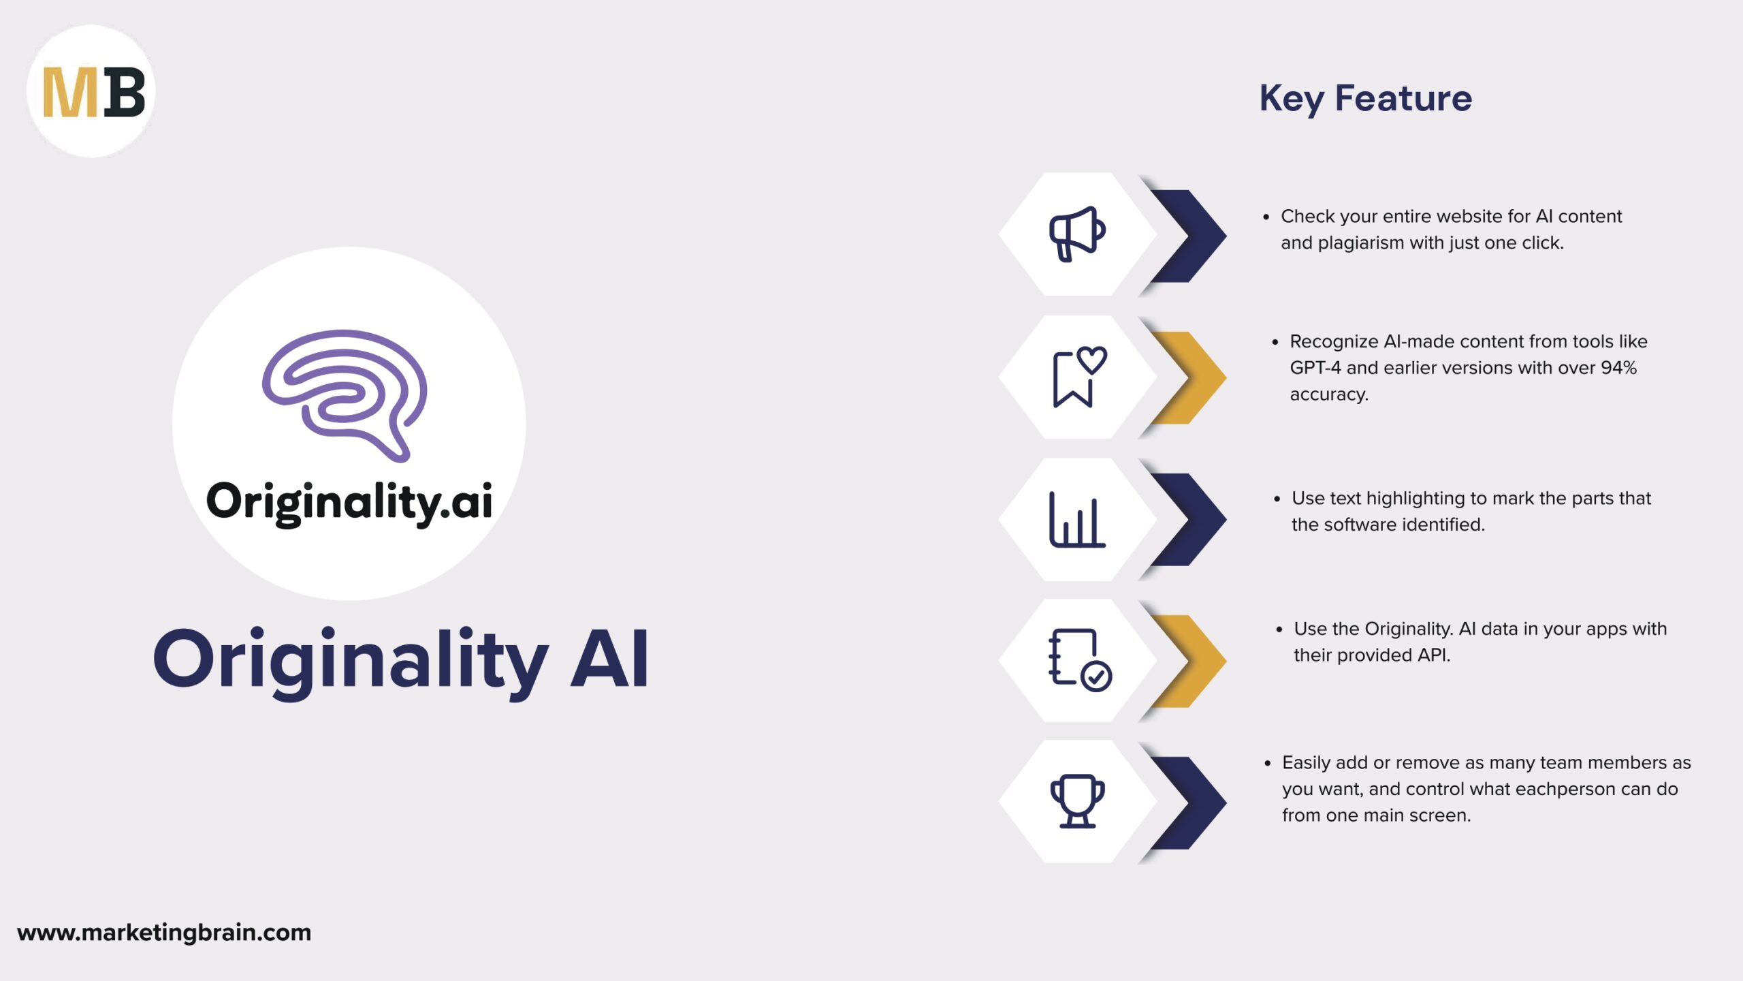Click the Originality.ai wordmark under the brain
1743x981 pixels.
click(349, 503)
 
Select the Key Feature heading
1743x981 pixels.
click(1365, 99)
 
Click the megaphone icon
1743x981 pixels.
click(1077, 234)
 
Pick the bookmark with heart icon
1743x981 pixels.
click(1080, 377)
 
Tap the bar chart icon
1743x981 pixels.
click(1077, 519)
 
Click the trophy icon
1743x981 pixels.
click(1078, 801)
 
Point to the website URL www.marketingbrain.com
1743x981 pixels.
click(164, 932)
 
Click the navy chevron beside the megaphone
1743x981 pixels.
click(1188, 236)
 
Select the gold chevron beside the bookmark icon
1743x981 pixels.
click(1188, 377)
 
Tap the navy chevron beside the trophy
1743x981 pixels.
click(1188, 803)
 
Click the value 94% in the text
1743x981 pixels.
click(1618, 368)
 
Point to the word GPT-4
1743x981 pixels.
click(1315, 368)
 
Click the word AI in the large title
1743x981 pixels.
click(609, 659)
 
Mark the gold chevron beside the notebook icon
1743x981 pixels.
click(1188, 661)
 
